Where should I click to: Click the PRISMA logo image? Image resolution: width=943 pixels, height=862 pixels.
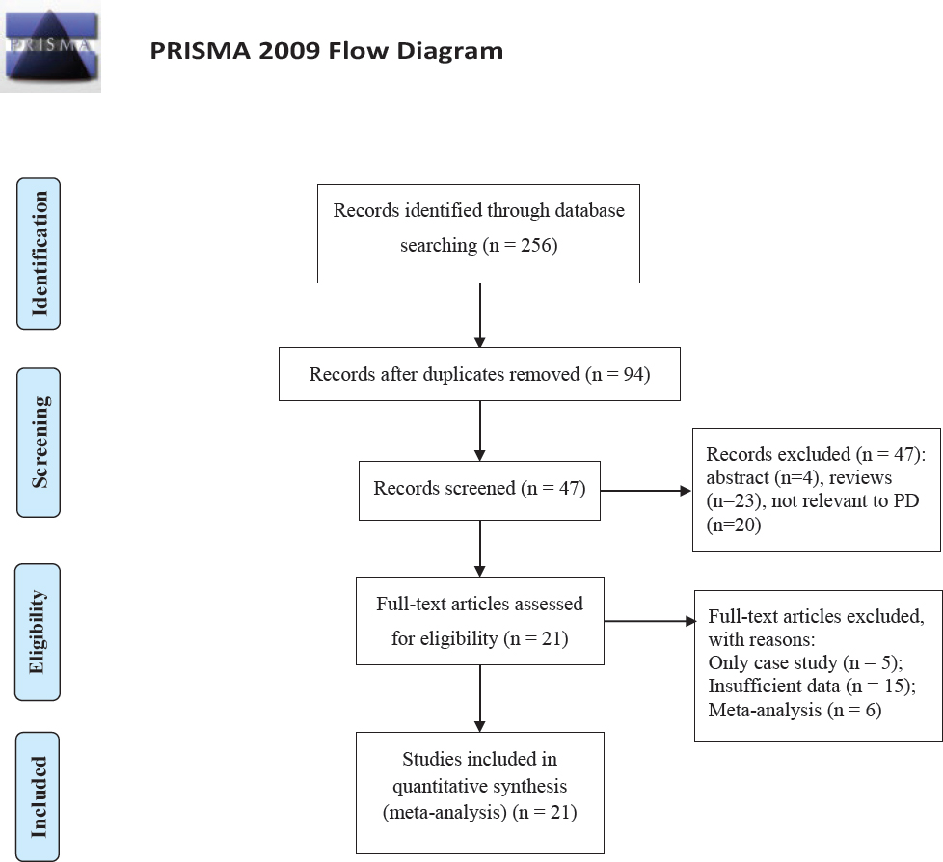pos(50,47)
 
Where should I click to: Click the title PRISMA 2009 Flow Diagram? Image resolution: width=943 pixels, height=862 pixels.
pos(327,51)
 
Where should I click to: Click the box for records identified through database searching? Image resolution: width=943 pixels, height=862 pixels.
pos(478,233)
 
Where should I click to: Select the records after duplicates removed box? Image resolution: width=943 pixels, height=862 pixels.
pos(479,374)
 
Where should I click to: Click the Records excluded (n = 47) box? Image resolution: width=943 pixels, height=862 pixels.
pos(816,489)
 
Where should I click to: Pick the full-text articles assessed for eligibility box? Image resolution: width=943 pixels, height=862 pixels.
pos(479,620)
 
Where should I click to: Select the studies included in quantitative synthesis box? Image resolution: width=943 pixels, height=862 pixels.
pos(479,793)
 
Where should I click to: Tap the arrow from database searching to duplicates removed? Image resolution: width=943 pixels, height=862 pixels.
pos(479,314)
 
